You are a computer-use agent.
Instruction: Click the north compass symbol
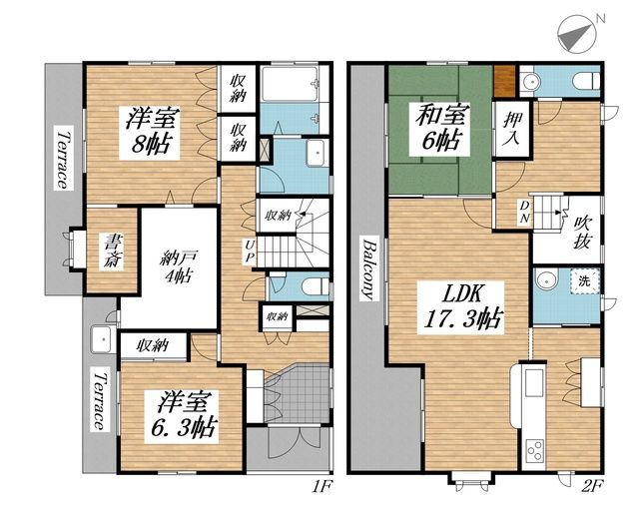coord(577,34)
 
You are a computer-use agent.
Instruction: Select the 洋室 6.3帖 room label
coord(183,415)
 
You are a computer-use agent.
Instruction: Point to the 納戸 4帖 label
coord(179,266)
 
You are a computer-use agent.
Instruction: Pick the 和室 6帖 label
coord(441,127)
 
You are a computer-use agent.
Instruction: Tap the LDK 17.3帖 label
coord(463,307)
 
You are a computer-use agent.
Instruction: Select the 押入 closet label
coord(511,129)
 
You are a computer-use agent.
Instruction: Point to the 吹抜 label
coord(581,233)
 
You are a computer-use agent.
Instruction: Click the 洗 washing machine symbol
coord(584,280)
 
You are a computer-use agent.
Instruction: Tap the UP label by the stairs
coord(250,252)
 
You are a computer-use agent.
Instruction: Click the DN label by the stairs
coord(524,212)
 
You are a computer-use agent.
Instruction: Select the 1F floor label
coord(322,486)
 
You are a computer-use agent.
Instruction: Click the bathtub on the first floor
coord(290,84)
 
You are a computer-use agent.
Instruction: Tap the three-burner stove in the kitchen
coord(534,450)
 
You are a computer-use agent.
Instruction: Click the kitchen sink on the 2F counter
coord(534,382)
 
